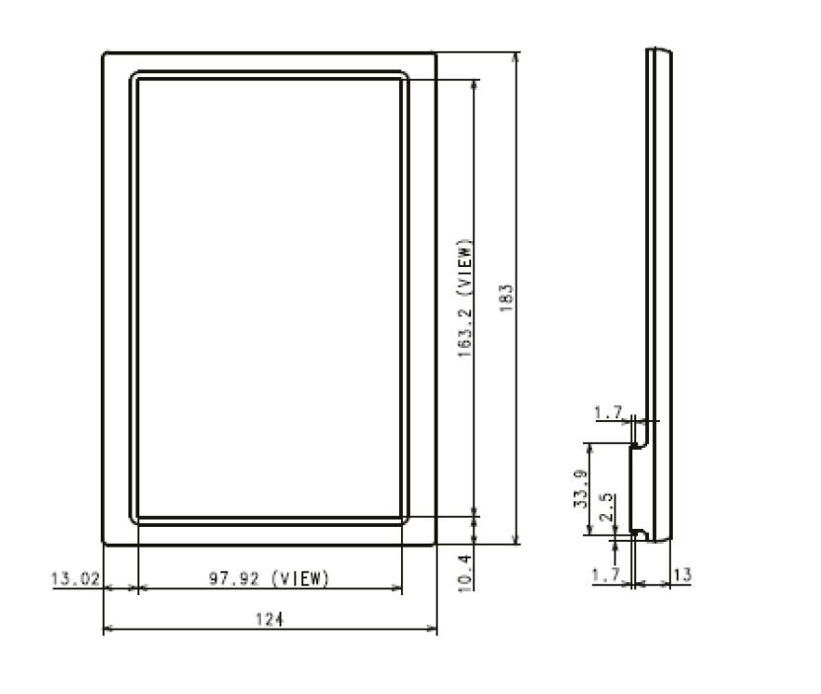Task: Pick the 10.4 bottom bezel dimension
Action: click(x=465, y=571)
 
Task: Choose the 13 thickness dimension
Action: click(x=682, y=574)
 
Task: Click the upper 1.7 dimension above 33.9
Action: click(x=607, y=412)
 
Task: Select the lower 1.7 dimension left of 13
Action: click(x=607, y=574)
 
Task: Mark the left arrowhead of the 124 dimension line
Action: click(x=108, y=629)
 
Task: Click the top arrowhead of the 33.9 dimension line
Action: click(x=590, y=447)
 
